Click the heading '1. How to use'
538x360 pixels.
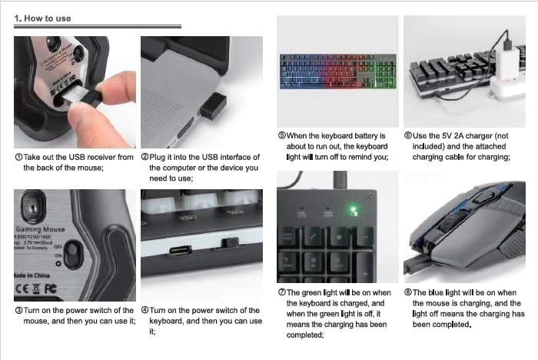point(42,18)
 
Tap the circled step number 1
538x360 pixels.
point(19,158)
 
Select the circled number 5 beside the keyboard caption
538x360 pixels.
point(282,135)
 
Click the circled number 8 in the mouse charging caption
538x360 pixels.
point(408,292)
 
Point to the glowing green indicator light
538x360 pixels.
point(354,210)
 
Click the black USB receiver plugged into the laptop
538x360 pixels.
point(213,106)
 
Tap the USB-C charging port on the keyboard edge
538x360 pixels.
point(181,250)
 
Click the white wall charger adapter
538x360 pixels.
point(508,64)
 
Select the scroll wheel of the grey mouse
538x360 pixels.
point(452,222)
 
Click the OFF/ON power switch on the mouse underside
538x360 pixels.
point(73,254)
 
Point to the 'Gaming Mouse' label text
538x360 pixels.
point(40,229)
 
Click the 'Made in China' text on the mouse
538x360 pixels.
point(32,275)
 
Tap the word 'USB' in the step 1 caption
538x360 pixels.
point(77,158)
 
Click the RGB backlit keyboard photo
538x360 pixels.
point(338,72)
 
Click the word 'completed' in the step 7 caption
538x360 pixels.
point(305,335)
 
